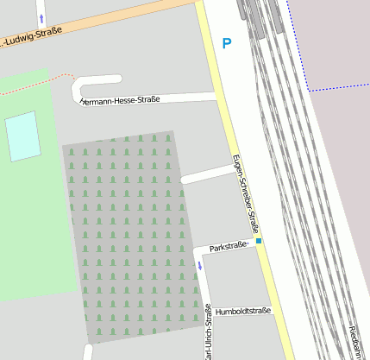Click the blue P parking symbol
click(x=227, y=43)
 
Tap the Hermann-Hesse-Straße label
click(x=120, y=100)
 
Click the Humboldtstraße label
click(x=243, y=311)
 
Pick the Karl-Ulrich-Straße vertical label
click(x=208, y=332)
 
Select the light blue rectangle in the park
click(x=23, y=136)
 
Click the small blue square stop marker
click(x=259, y=240)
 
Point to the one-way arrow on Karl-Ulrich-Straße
click(x=201, y=265)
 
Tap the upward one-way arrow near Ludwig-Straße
click(x=41, y=18)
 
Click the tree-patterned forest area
click(x=129, y=233)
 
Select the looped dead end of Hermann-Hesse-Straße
click(x=87, y=87)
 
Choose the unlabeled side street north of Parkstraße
click(x=207, y=174)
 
